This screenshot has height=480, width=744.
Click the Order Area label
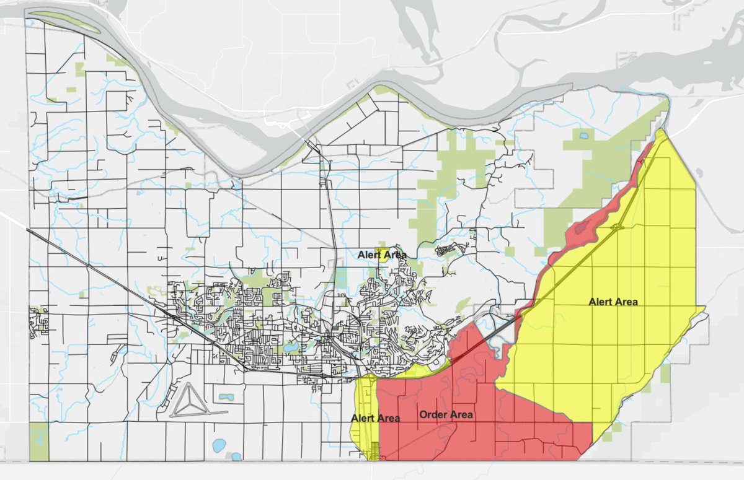pyautogui.click(x=446, y=414)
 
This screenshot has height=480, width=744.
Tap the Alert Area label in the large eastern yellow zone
pyautogui.click(x=613, y=302)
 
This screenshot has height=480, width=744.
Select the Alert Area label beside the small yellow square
pyautogui.click(x=382, y=255)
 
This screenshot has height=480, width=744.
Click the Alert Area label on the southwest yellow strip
pyautogui.click(x=375, y=418)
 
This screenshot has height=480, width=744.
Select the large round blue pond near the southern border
pyautogui.click(x=219, y=445)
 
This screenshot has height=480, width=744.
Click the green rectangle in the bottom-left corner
pyautogui.click(x=38, y=442)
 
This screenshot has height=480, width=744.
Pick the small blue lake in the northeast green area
pyautogui.click(x=583, y=135)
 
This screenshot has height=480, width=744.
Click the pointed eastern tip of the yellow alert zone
pyautogui.click(x=704, y=307)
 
